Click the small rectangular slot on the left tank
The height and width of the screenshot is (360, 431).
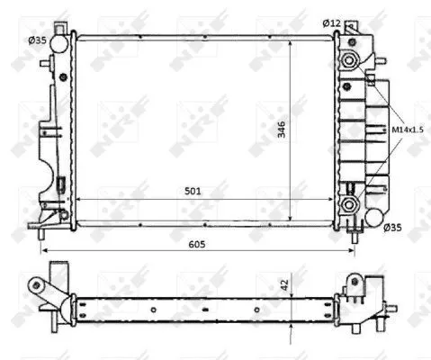pos(59,186)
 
